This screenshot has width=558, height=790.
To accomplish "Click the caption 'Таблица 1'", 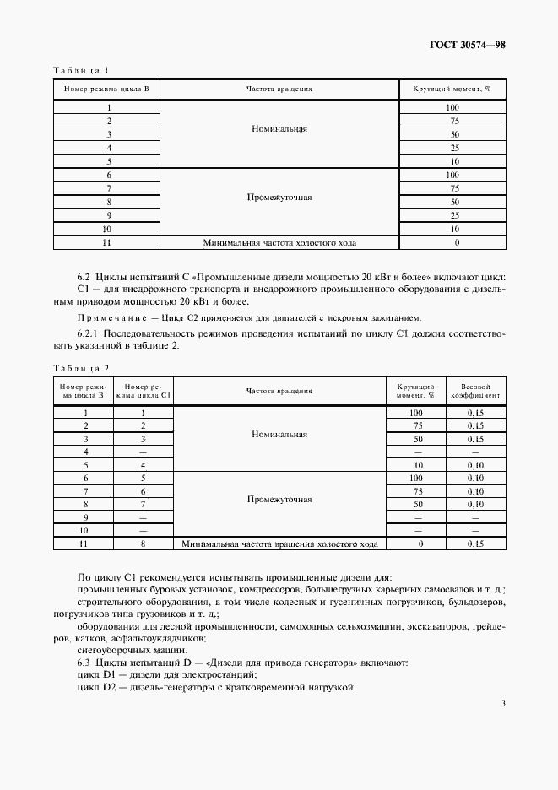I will tap(81, 70).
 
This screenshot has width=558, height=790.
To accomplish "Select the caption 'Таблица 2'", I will tap(81, 367).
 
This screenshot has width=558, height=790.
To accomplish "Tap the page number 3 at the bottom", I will tap(502, 703).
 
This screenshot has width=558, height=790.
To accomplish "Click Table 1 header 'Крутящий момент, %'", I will tap(452, 89).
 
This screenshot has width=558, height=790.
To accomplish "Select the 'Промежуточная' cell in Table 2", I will tap(279, 499).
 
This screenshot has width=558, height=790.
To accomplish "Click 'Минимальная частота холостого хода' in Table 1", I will tap(279, 242).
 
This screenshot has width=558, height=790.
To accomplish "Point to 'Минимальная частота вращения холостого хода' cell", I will tap(279, 544).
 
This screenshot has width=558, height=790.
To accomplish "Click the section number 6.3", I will tap(84, 663).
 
